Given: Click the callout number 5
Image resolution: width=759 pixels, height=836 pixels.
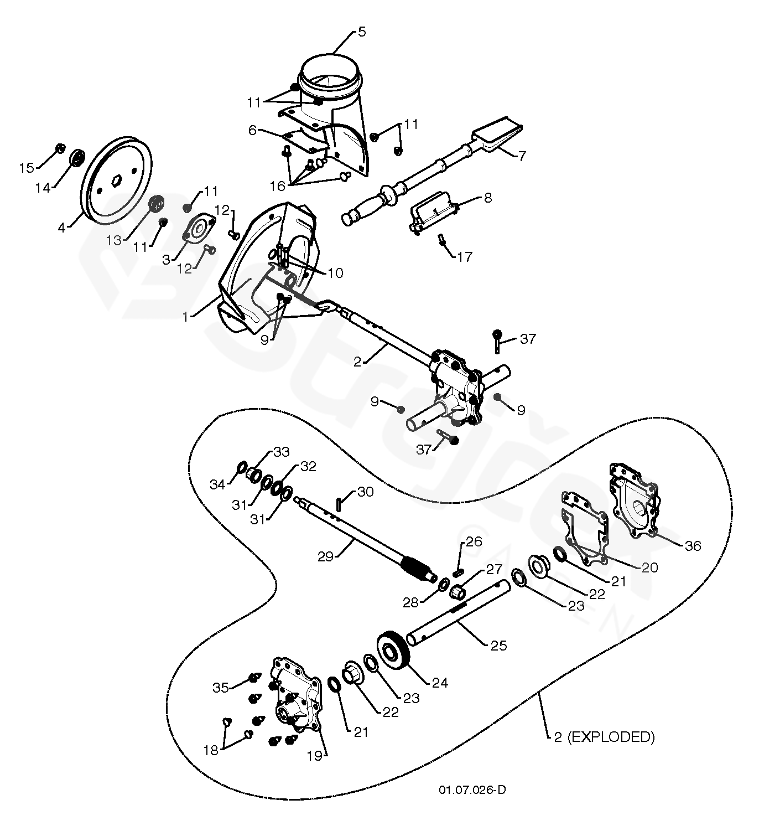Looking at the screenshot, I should [x=361, y=32].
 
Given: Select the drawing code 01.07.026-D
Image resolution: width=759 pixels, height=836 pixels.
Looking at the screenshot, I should [x=472, y=789].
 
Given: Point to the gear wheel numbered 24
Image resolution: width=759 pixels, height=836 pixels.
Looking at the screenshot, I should [x=393, y=651].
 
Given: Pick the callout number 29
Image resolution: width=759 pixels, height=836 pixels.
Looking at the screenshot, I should [x=325, y=556].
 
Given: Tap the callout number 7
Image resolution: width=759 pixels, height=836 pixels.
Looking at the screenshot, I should [x=522, y=156].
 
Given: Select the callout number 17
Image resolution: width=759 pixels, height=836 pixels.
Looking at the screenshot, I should [x=465, y=256].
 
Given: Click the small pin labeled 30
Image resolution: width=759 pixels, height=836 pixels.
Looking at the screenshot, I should [x=338, y=503].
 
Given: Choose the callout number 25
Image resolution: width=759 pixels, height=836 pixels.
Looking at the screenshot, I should [x=498, y=646].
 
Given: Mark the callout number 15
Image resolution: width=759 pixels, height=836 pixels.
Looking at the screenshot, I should [x=27, y=168].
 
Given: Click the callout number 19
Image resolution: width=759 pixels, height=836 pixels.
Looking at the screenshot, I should [x=314, y=755].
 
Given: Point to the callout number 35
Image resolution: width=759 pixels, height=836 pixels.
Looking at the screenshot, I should [x=221, y=688].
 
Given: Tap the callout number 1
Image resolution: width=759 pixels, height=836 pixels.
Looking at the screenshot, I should [x=186, y=317].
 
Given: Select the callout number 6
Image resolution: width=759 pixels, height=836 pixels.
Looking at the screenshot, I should [x=252, y=130].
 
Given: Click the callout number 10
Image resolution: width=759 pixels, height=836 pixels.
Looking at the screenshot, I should [x=335, y=273].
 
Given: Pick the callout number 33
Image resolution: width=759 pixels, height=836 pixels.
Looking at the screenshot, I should [x=281, y=452].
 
